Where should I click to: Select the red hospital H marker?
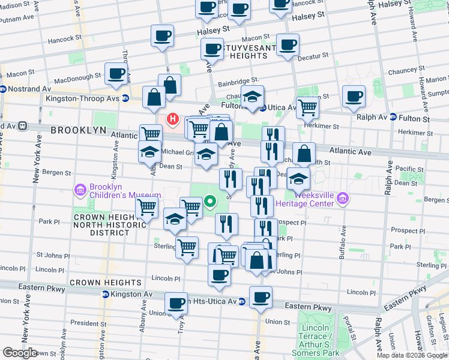pos(173,119)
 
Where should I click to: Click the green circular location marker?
pos(210,202)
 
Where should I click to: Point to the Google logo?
pos(20,353)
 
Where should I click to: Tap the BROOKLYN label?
pos(78,130)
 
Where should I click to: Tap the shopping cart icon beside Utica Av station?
pos(308,107)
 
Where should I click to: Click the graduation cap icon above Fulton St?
pos(253,95)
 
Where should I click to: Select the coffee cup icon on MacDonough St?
pos(116,74)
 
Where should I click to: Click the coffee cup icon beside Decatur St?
pos(288,45)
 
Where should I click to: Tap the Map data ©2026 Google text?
pos(412,355)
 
